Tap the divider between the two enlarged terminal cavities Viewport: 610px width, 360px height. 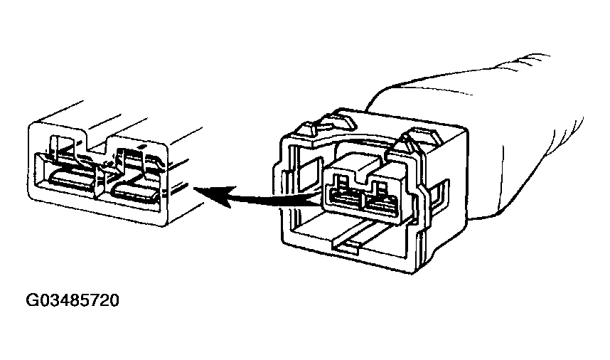[x=103, y=181]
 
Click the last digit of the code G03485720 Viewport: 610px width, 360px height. [x=113, y=300]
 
